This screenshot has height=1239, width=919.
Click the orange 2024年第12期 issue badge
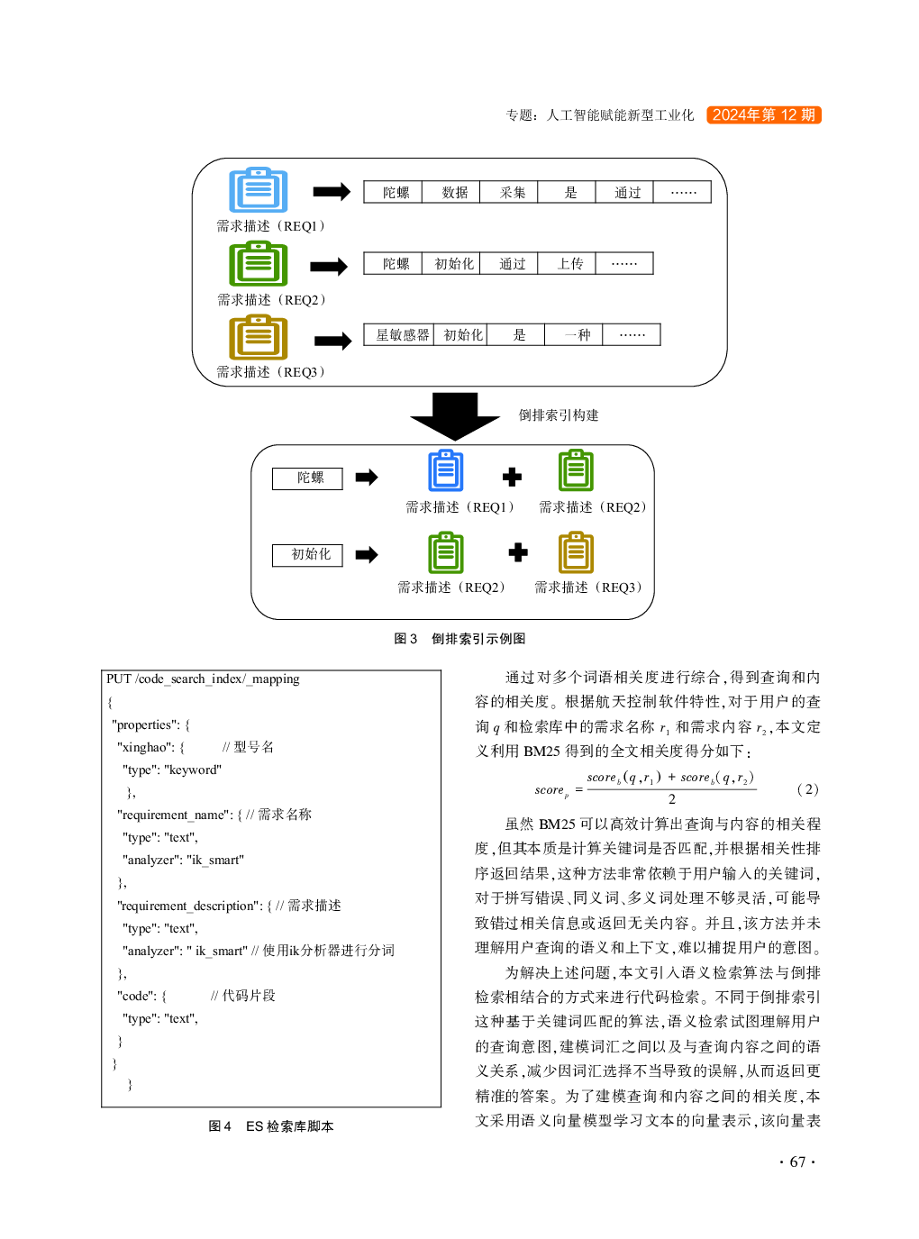763,115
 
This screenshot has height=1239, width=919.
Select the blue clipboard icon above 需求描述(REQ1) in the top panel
258,190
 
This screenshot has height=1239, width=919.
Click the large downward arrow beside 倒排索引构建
455,416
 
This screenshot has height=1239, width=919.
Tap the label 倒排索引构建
558,415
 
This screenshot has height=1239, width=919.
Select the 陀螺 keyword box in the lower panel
307,478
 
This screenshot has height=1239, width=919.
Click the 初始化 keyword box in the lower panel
307,555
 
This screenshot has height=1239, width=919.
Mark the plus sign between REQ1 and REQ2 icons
512,477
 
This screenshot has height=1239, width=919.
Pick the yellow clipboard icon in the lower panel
576,553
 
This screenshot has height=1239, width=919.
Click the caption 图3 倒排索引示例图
459,639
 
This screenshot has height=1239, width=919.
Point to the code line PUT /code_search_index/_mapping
203,679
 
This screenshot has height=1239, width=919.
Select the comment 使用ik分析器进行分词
329,951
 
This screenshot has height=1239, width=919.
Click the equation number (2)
807,789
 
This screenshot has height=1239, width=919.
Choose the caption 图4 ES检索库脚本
271,1126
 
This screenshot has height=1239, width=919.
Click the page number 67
797,1162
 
